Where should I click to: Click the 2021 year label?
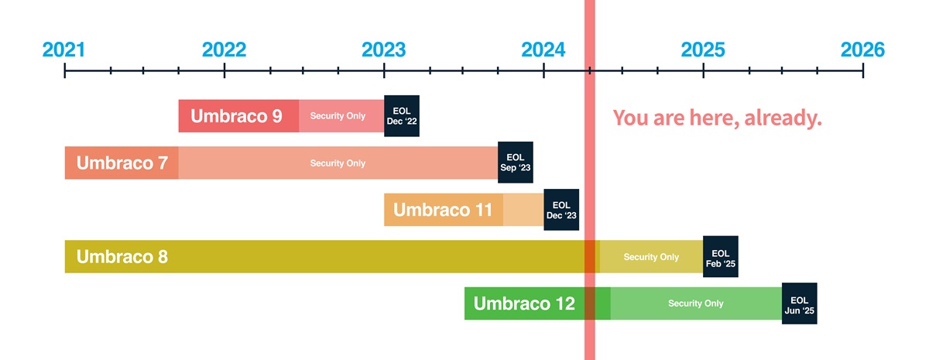(x=63, y=50)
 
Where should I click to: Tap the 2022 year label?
(x=224, y=50)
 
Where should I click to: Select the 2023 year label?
(x=384, y=50)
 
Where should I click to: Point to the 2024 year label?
(x=543, y=50)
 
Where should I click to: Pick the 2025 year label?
(x=703, y=50)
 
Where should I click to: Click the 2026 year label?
(x=862, y=50)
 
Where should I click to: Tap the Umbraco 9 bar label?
(x=236, y=116)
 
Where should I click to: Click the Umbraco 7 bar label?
(x=122, y=163)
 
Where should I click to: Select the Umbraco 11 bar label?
(x=443, y=210)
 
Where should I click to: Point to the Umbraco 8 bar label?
(x=122, y=257)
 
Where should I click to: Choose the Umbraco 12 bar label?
(x=524, y=303)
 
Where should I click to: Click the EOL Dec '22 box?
(x=402, y=115)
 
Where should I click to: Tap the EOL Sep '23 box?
(x=516, y=162)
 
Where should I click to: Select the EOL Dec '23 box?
(x=561, y=210)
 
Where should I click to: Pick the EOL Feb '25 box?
(x=721, y=257)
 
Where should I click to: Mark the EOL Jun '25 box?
(x=800, y=303)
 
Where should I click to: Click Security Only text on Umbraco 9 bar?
(x=338, y=116)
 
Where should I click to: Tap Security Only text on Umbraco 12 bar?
(x=695, y=303)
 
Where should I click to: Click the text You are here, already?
(x=717, y=118)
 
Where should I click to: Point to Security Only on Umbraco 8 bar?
(x=651, y=257)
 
